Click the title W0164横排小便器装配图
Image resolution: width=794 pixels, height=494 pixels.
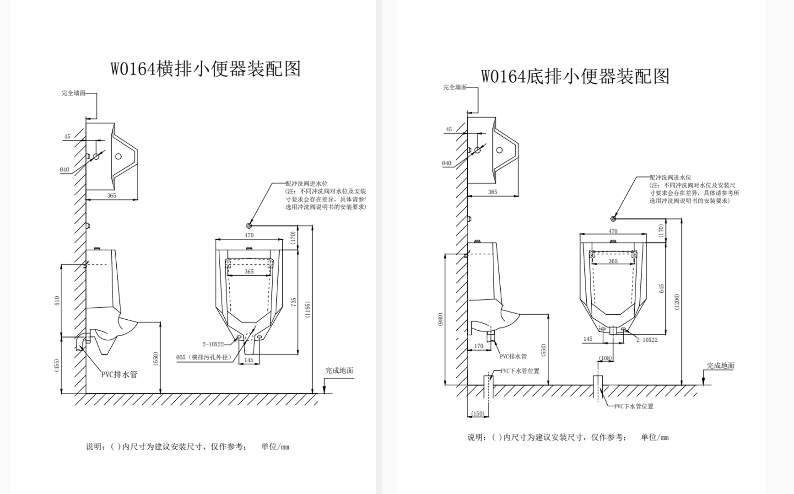point(205,69)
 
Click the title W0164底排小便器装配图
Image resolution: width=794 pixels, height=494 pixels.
point(575,76)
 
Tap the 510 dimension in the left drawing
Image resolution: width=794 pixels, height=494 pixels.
point(57,301)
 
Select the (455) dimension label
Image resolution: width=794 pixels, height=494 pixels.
point(57,365)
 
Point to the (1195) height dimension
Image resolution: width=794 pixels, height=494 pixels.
point(308,311)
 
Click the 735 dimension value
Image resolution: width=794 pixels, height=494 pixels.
point(293,302)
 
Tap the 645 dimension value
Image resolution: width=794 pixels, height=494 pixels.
point(661,289)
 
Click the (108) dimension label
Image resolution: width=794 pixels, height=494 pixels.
point(605,358)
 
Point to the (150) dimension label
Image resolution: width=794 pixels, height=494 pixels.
point(477,413)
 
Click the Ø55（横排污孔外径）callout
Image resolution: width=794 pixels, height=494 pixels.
point(204,357)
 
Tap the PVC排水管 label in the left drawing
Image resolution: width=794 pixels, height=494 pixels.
point(119,374)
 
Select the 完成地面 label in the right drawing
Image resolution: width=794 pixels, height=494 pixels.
point(720,365)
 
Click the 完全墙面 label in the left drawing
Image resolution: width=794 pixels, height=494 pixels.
point(74,93)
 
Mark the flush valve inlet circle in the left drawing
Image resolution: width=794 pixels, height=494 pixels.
point(249,226)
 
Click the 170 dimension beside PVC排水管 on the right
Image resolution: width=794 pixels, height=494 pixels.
point(479,346)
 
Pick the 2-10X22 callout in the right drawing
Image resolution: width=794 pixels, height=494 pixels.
point(647,340)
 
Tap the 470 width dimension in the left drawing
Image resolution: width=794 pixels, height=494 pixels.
point(249,235)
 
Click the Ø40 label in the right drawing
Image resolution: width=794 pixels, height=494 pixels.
point(447,163)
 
